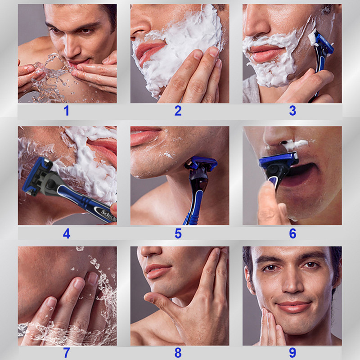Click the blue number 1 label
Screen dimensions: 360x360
point(67,111)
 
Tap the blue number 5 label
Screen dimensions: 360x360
point(178,234)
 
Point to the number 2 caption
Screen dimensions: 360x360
point(178,111)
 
